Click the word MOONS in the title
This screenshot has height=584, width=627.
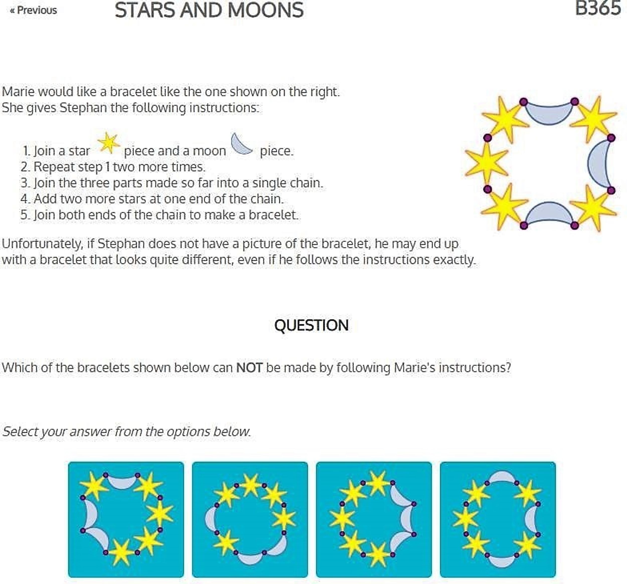(265, 10)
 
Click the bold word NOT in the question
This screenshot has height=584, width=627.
(249, 368)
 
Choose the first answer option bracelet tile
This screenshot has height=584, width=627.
(126, 519)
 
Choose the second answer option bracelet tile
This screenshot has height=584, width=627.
(250, 519)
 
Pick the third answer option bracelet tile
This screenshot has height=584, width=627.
(374, 519)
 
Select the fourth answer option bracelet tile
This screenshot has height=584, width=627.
(498, 519)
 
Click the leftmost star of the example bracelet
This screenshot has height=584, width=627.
(487, 163)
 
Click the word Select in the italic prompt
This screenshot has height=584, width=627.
(20, 432)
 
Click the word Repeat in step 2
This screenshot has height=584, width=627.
(51, 167)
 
